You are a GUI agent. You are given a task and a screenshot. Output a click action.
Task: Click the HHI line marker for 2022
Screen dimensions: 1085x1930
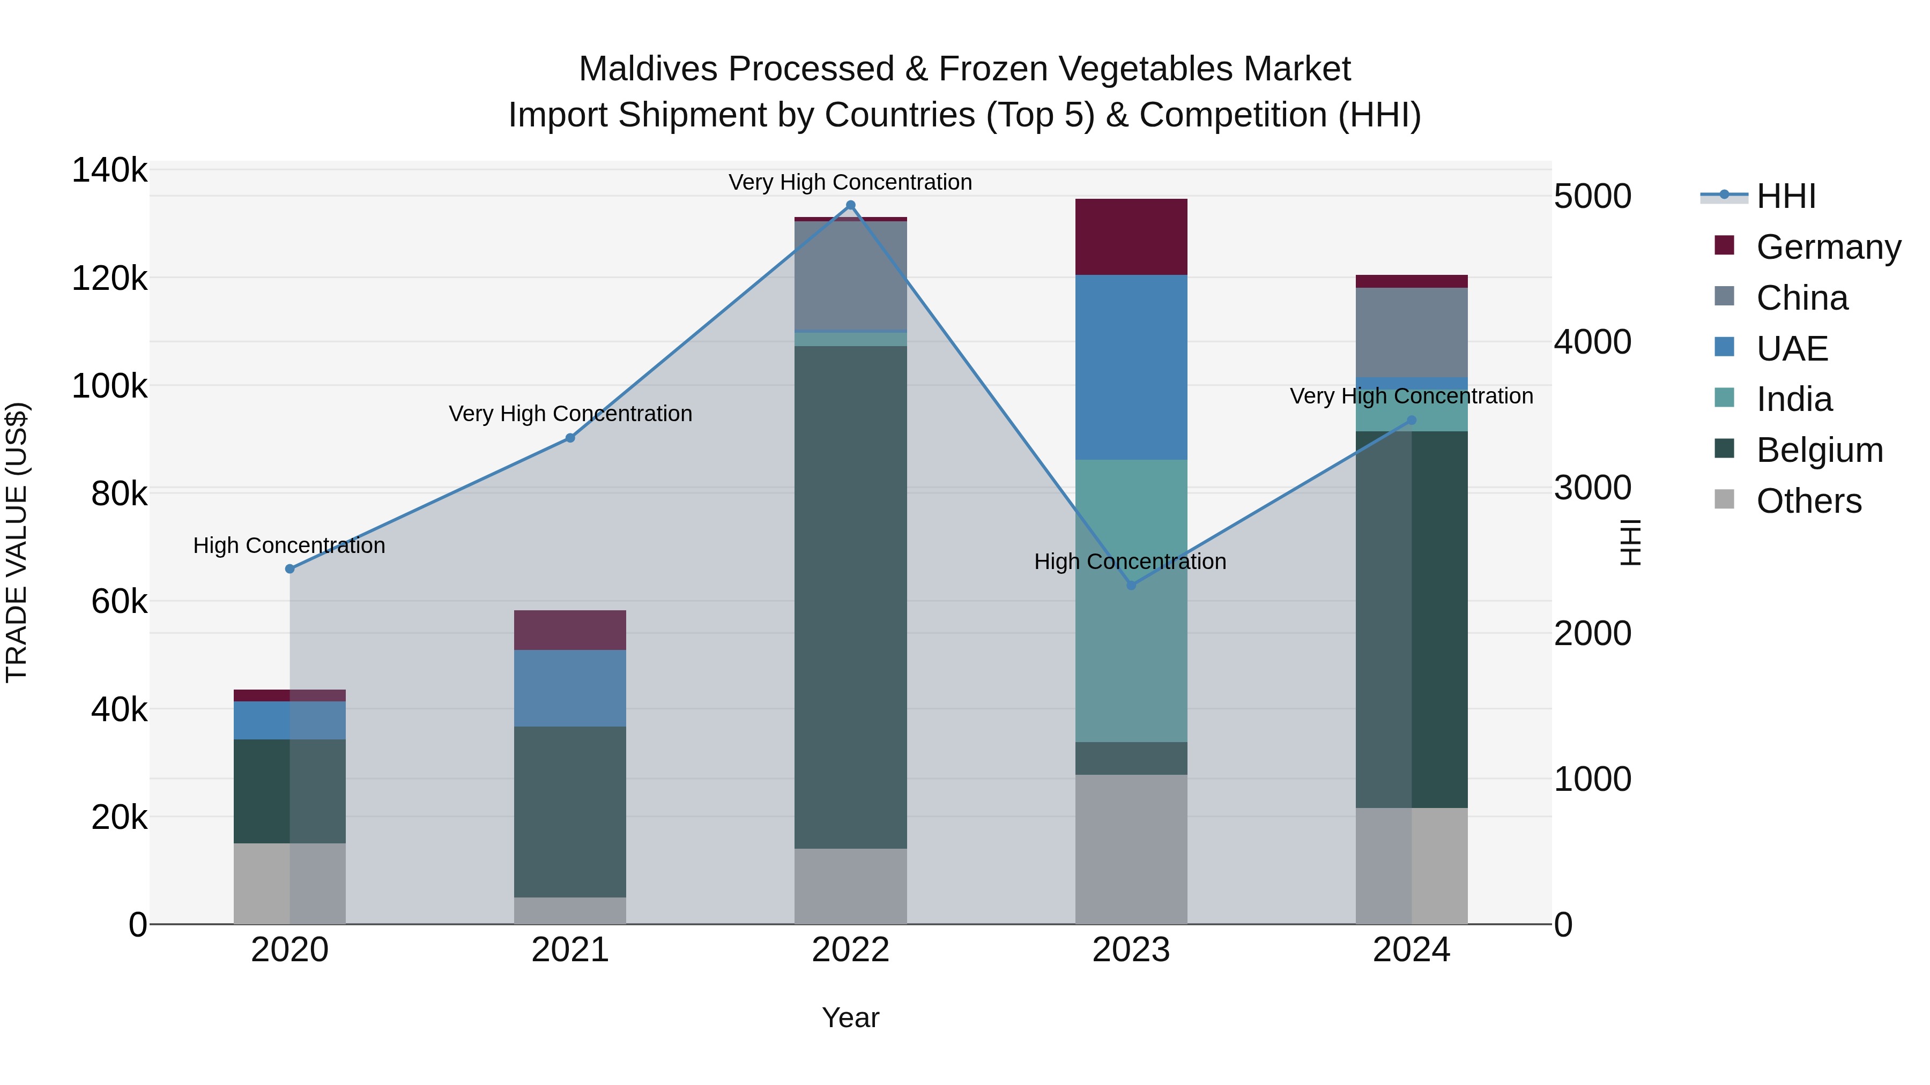pyautogui.click(x=850, y=205)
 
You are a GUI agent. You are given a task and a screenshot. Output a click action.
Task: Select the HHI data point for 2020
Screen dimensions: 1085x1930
pyautogui.click(x=290, y=569)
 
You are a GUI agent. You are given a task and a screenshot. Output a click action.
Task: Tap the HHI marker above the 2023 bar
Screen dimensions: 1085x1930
pyautogui.click(x=1131, y=585)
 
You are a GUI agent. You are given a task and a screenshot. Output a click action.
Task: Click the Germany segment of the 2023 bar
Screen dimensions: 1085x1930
pyautogui.click(x=1131, y=237)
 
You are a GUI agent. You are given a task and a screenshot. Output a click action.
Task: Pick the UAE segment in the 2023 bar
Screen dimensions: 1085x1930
pyautogui.click(x=1131, y=367)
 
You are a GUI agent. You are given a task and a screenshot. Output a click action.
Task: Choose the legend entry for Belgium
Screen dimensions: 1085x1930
pyautogui.click(x=1819, y=450)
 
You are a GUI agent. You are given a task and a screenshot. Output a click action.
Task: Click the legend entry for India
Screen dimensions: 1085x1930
pyautogui.click(x=1794, y=399)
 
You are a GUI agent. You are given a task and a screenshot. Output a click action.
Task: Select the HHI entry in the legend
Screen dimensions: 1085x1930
pyautogui.click(x=1785, y=196)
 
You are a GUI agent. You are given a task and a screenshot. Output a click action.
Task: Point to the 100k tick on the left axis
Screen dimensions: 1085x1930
pyautogui.click(x=109, y=386)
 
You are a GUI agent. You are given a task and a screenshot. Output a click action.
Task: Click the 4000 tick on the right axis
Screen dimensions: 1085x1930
pyautogui.click(x=1592, y=342)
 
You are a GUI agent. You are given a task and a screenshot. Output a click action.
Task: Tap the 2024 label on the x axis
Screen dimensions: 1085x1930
pyautogui.click(x=1411, y=950)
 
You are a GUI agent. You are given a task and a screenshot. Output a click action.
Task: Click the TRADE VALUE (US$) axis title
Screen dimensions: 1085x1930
pyautogui.click(x=17, y=542)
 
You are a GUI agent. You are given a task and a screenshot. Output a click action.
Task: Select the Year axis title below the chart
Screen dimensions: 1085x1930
pyautogui.click(x=850, y=1017)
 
